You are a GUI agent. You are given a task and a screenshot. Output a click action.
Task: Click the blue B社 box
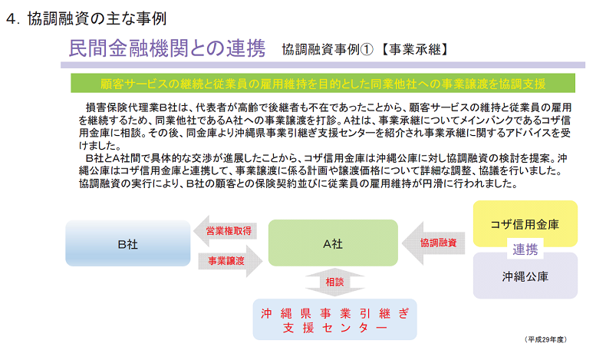[x=127, y=243]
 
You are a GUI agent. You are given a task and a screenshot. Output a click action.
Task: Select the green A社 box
[x=333, y=243]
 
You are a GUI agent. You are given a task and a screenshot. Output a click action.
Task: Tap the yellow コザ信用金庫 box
[x=525, y=223]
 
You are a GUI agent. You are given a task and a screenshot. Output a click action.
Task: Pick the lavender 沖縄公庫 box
[x=525, y=276]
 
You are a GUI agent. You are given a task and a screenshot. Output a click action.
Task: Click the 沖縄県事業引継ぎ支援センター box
[x=335, y=319]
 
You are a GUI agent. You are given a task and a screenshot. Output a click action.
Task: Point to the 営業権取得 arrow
[x=226, y=231]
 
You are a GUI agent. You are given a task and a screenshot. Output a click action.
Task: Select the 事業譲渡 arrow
[x=230, y=261]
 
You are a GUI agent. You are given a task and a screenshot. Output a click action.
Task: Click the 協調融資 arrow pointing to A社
[x=433, y=243]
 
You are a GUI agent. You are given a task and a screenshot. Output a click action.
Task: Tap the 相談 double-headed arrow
[x=334, y=282]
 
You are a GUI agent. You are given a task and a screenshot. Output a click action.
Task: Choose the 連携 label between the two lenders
[x=525, y=249]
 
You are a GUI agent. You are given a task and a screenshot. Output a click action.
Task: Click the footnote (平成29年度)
[x=545, y=339]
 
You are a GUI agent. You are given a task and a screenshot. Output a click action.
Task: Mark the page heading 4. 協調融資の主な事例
[x=86, y=18]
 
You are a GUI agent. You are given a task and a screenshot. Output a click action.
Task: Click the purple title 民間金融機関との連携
[x=167, y=48]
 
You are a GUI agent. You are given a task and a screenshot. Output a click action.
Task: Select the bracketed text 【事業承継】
[x=414, y=49]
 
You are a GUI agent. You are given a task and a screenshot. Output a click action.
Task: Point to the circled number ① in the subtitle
[x=367, y=49]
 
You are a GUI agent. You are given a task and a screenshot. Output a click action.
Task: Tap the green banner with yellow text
[x=323, y=83]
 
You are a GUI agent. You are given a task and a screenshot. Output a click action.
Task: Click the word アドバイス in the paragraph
[x=515, y=133]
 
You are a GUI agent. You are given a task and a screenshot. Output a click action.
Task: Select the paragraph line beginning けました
[x=100, y=145]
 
